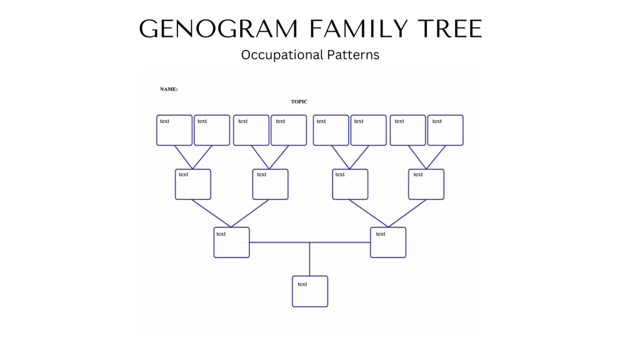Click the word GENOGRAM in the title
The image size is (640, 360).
pyautogui.click(x=219, y=29)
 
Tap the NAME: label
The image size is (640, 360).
pyautogui.click(x=169, y=89)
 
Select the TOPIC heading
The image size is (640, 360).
pyautogui.click(x=299, y=102)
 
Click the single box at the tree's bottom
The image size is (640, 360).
pyautogui.click(x=310, y=291)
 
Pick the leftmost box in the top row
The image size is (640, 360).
pyautogui.click(x=174, y=130)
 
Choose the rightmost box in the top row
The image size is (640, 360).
pyautogui.click(x=445, y=130)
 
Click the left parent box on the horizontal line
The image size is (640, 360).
pyautogui.click(x=231, y=242)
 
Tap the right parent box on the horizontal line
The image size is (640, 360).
pyautogui.click(x=388, y=242)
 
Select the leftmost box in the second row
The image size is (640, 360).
pyautogui.click(x=193, y=184)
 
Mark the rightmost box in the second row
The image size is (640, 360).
pyautogui.click(x=426, y=184)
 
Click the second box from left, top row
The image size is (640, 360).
pyautogui.click(x=212, y=130)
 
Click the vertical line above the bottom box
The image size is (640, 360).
pyautogui.click(x=310, y=259)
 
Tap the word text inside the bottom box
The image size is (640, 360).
pyautogui.click(x=302, y=284)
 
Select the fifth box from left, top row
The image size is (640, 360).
pyautogui.click(x=331, y=130)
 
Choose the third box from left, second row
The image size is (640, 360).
pyautogui.click(x=350, y=184)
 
